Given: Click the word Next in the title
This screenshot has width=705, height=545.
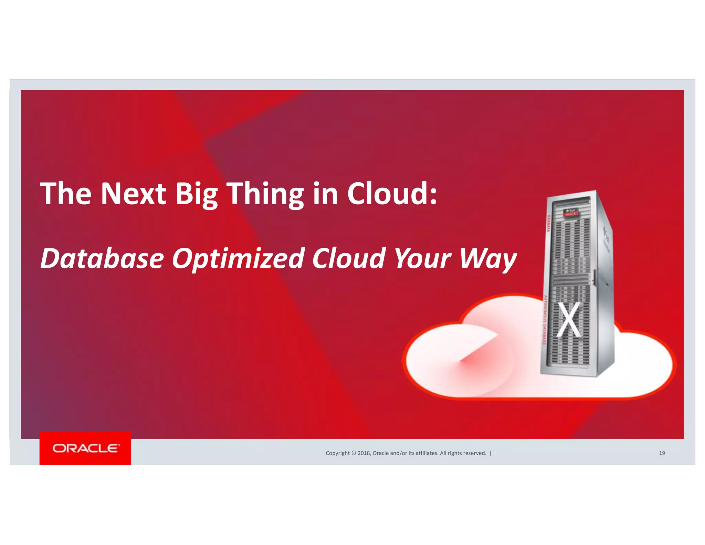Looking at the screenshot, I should click(x=133, y=194).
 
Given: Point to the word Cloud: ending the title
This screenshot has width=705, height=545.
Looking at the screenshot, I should click(x=392, y=194).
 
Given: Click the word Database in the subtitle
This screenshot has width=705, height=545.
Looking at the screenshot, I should click(x=102, y=258).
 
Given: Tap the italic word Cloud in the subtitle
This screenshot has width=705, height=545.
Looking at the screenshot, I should click(x=348, y=258).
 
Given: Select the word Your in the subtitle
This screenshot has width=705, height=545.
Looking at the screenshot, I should click(x=422, y=258).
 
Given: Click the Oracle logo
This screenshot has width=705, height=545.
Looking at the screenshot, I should click(x=86, y=448).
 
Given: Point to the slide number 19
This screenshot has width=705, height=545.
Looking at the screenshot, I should click(x=662, y=453).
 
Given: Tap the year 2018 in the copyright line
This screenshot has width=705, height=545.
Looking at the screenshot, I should click(x=364, y=453).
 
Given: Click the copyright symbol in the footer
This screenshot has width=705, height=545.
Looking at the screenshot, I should click(x=354, y=453).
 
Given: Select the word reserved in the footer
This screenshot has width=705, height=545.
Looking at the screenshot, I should click(x=474, y=453).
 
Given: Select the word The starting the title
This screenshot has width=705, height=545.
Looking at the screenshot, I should click(x=66, y=194).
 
